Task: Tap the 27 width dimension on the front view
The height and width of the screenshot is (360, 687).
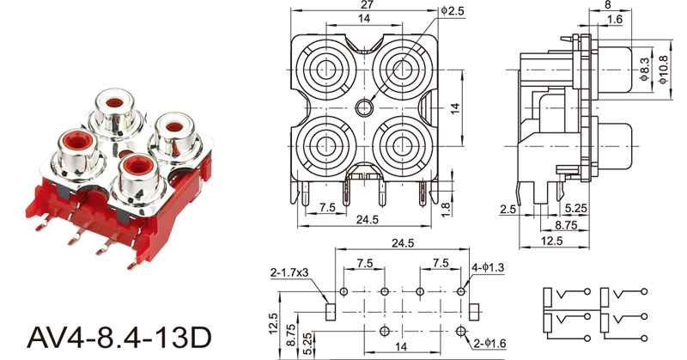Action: pyautogui.click(x=367, y=6)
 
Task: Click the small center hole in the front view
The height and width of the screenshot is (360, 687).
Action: pyautogui.click(x=364, y=107)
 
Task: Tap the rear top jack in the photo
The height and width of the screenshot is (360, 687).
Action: pyautogui.click(x=119, y=107)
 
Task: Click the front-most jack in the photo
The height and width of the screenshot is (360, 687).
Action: pyautogui.click(x=135, y=168)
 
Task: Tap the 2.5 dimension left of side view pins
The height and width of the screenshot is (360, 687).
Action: pyautogui.click(x=508, y=207)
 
